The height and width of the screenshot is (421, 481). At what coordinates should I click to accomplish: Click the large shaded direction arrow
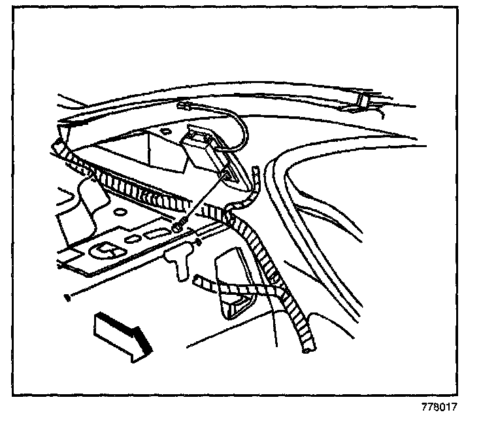coord(123,333)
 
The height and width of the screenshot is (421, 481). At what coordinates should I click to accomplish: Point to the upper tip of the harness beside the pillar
coord(256,169)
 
